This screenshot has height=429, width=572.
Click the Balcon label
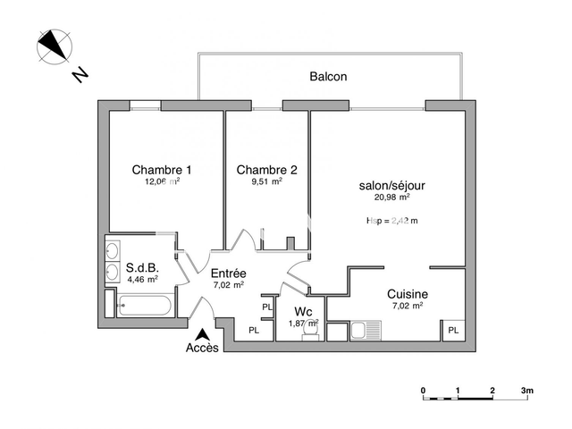click(328, 77)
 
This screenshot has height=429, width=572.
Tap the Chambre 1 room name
click(162, 170)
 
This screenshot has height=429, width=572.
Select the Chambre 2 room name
click(266, 170)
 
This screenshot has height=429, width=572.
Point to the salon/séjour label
click(391, 186)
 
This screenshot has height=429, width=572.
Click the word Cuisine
click(407, 294)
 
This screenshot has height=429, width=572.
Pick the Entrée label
click(228, 273)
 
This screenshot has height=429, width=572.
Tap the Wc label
click(302, 312)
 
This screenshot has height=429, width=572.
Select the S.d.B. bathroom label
click(142, 267)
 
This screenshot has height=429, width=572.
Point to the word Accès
click(201, 349)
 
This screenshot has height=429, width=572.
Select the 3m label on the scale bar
click(527, 391)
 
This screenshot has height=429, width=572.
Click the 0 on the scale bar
click(423, 391)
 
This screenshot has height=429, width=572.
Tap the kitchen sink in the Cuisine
click(363, 332)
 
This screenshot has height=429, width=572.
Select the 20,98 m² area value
click(391, 199)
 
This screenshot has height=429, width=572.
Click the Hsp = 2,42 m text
click(391, 221)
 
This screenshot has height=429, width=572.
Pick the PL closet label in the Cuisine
click(453, 331)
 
